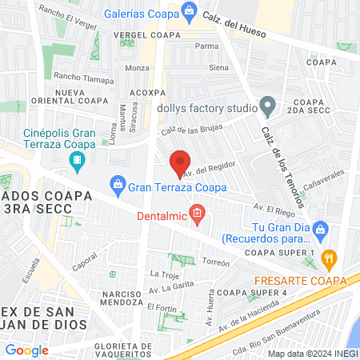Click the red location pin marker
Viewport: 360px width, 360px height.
[181, 164]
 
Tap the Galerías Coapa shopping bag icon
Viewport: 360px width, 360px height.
[189, 10]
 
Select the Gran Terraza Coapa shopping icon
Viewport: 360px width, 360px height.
[118, 186]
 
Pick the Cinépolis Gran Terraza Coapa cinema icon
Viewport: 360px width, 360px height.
[76, 161]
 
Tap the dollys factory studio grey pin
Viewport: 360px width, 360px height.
[268, 106]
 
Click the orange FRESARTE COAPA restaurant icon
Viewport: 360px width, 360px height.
[328, 258]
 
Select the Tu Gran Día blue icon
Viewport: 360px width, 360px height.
[320, 229]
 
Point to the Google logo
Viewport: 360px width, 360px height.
[27, 350]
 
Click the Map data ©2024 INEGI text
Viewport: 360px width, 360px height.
[312, 353]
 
